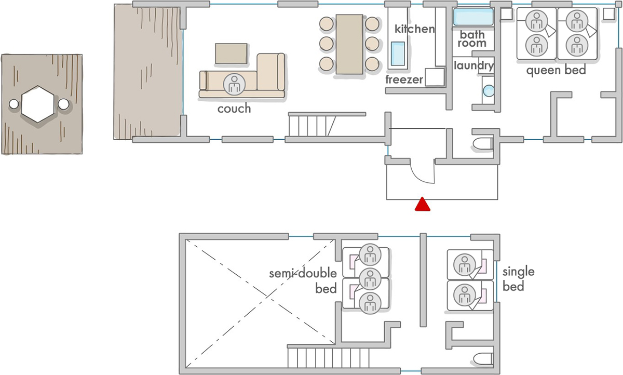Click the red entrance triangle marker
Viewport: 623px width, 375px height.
[x=423, y=204]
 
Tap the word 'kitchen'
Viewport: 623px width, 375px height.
[x=415, y=29]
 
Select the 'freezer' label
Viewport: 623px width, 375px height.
[x=404, y=80]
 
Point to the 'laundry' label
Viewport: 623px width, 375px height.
[x=473, y=65]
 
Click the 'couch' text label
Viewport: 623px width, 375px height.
[x=234, y=109]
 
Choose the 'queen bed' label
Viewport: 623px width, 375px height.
[x=556, y=70]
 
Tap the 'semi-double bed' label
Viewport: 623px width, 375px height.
[x=303, y=281]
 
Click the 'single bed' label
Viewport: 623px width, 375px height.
[x=519, y=279]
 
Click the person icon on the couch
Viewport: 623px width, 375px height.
[x=234, y=84]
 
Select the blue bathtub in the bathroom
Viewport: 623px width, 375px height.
[x=473, y=17]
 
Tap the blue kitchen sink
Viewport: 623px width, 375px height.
[x=398, y=53]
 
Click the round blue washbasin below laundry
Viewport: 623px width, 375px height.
[x=489, y=91]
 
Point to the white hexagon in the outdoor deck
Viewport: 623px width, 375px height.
[x=38, y=104]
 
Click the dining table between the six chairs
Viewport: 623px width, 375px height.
[x=349, y=45]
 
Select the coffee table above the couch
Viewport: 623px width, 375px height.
[x=231, y=53]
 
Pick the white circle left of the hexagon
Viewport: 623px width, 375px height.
[x=13, y=104]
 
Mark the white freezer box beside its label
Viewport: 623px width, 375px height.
[x=435, y=77]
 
